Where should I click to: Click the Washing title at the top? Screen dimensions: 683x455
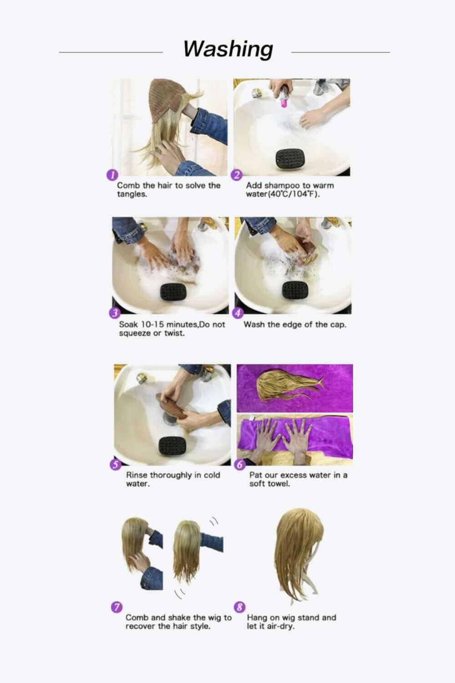tap(228, 49)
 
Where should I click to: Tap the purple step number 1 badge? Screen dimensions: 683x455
tap(112, 175)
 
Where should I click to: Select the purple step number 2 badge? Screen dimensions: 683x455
tap(237, 175)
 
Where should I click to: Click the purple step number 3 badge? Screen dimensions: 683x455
tap(114, 313)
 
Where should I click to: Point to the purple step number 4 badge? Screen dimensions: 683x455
tap(238, 313)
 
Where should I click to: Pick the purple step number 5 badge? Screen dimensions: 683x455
tap(116, 464)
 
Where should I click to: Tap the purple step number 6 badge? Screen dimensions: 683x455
tap(240, 464)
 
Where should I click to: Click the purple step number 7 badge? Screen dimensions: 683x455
tap(116, 607)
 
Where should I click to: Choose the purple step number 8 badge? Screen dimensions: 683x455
tap(239, 607)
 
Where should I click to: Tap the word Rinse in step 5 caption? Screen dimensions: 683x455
tap(137, 475)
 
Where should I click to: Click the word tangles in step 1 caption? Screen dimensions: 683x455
tap(131, 194)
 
